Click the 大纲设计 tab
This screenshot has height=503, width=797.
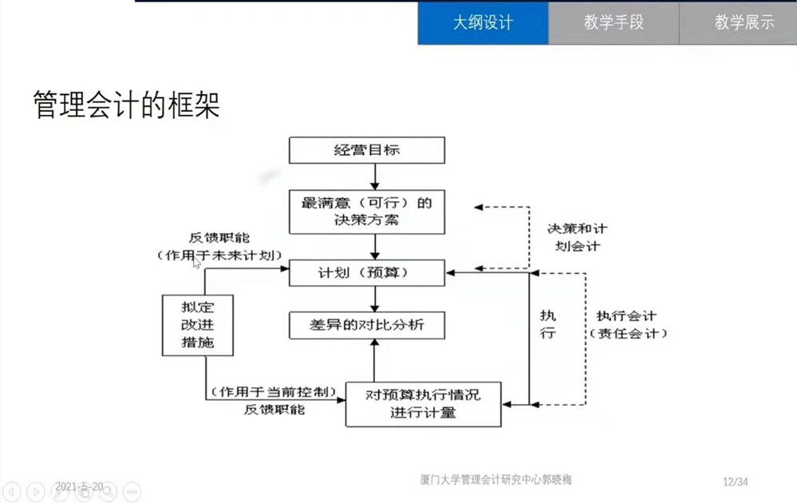point(483,22)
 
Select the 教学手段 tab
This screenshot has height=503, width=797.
point(613,22)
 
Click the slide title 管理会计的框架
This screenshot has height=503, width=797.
point(126,105)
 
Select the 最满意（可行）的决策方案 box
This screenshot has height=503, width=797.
point(366,212)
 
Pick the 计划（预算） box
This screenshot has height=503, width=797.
point(366,273)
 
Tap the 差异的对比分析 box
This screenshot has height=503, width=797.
point(366,325)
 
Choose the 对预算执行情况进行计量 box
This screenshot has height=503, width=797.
point(424,403)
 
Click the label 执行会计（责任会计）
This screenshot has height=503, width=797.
point(627,325)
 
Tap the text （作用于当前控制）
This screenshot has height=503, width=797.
point(274,393)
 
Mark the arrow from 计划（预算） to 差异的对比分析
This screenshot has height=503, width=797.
point(375,299)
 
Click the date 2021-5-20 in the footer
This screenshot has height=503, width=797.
point(78,486)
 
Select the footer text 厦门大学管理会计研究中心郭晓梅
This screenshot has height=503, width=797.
point(495,480)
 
